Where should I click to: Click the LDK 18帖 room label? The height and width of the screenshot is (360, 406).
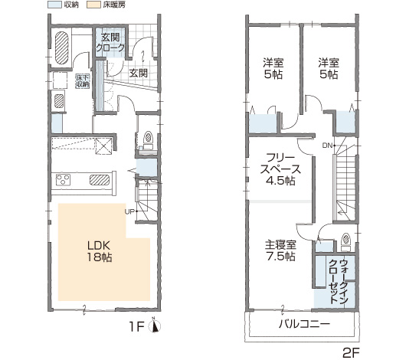100,251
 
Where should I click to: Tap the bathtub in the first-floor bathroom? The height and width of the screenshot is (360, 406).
62,48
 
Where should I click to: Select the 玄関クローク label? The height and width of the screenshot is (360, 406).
110,42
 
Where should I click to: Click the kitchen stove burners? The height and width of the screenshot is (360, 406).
63,180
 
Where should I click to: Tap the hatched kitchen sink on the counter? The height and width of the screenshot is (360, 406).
100,180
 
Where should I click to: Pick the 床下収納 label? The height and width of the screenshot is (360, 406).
83,81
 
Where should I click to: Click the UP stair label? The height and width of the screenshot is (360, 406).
129,211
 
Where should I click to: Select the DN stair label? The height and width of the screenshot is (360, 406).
327,146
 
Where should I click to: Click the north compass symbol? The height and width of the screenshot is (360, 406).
155,326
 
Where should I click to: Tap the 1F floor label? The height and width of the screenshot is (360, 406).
136,327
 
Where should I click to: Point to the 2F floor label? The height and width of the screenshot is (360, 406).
351,352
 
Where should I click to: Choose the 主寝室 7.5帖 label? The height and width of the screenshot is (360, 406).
280,250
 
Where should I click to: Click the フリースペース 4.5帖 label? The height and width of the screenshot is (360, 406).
280,169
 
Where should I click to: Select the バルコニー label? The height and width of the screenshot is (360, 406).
305,324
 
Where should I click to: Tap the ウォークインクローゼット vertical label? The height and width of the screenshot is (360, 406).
338,281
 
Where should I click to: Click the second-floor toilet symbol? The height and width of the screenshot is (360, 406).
345,242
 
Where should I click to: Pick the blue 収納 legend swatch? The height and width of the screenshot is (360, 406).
54,5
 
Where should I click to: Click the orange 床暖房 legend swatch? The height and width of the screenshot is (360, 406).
93,5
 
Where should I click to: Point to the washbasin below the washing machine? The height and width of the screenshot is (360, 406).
59,100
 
